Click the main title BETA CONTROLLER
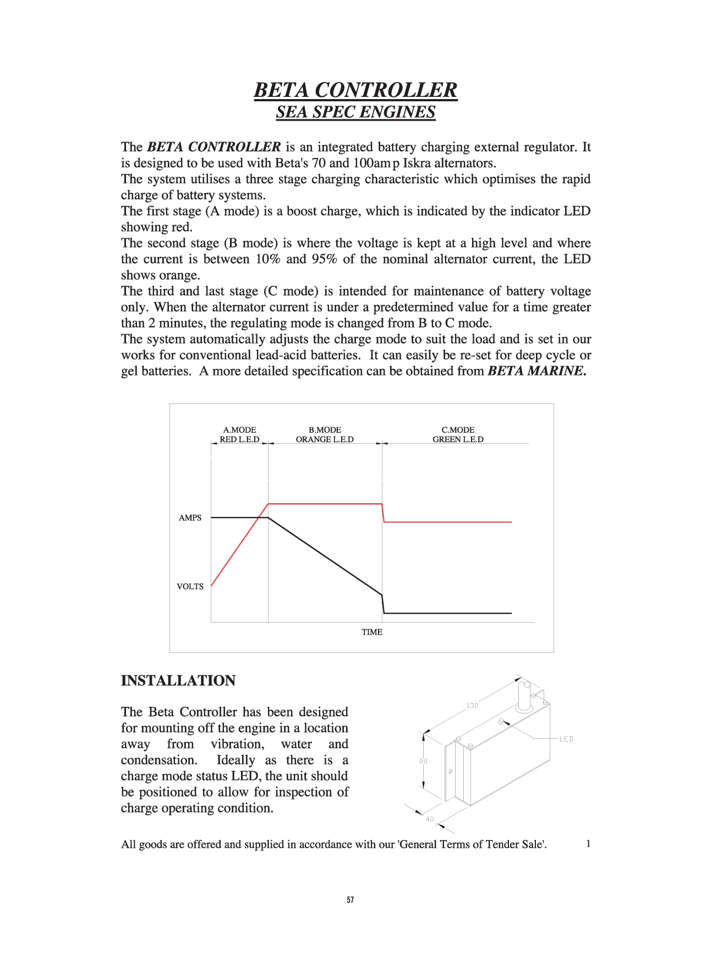tap(355, 90)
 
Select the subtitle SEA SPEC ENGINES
tap(355, 112)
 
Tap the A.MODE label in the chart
tap(239, 430)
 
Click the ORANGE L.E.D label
tap(324, 439)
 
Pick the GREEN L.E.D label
tap(458, 439)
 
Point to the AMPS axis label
tap(190, 518)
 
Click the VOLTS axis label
tap(190, 587)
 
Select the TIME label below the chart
tap(372, 633)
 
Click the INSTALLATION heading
tap(178, 681)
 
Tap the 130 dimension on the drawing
tap(472, 705)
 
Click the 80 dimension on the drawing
tap(423, 761)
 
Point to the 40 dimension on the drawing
tap(430, 819)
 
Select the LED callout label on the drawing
tap(566, 739)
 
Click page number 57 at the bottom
tap(350, 900)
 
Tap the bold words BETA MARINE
tap(536, 371)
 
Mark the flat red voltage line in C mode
tap(448, 522)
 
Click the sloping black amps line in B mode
tap(325, 556)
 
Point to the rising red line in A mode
tap(239, 545)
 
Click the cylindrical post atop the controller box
tap(524, 696)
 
